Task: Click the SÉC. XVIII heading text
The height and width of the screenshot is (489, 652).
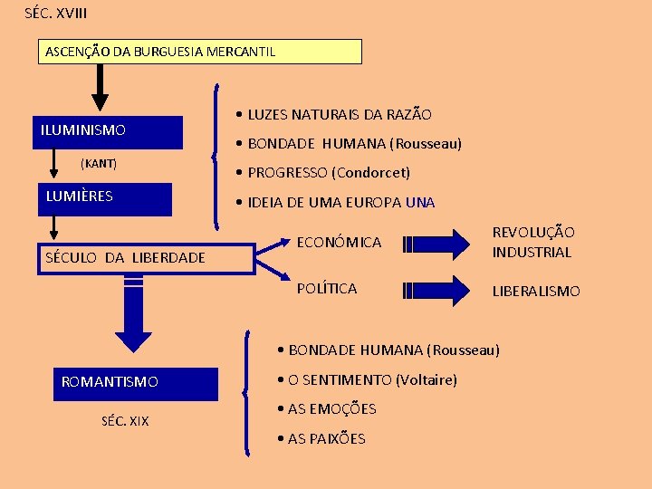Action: pyautogui.click(x=56, y=14)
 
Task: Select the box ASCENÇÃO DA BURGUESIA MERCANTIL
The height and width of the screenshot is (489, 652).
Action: pyautogui.click(x=199, y=52)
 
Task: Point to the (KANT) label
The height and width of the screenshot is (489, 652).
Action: pyautogui.click(x=99, y=164)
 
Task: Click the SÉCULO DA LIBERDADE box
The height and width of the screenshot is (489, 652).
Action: pyautogui.click(x=145, y=258)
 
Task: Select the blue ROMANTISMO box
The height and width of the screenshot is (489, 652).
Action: pyautogui.click(x=136, y=383)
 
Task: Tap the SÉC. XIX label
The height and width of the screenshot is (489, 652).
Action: pyautogui.click(x=126, y=421)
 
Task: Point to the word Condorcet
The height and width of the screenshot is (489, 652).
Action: pyautogui.click(x=371, y=172)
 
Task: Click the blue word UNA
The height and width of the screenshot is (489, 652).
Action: pyautogui.click(x=420, y=202)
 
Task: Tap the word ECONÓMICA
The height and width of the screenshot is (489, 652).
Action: pyautogui.click(x=339, y=243)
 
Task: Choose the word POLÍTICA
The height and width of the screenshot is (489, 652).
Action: pyautogui.click(x=327, y=289)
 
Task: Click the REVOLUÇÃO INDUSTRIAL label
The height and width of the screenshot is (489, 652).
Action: pyautogui.click(x=532, y=243)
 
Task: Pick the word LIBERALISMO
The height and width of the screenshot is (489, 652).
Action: pyautogui.click(x=536, y=291)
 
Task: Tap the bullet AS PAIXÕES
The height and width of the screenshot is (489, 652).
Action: pyautogui.click(x=326, y=438)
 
